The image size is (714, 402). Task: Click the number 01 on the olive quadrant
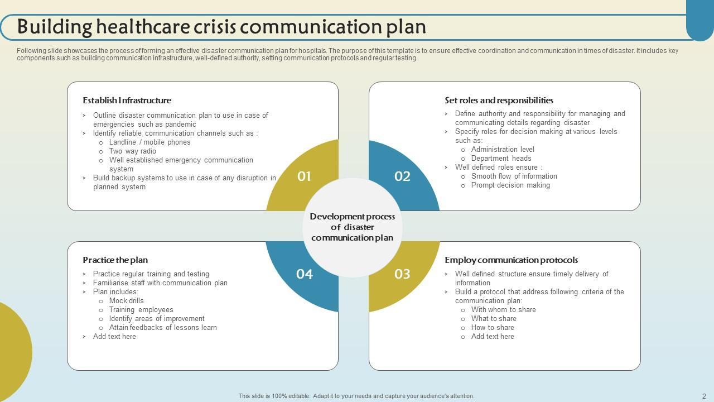pos(304,176)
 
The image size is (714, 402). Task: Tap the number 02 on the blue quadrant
pos(402,176)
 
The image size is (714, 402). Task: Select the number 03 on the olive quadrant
pos(402,274)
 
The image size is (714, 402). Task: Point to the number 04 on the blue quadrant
pos(305,274)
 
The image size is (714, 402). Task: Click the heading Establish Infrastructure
pos(127,100)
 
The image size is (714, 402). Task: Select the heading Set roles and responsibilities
pos(499,100)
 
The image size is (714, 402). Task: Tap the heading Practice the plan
pos(115,260)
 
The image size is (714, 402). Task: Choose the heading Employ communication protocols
pos(511,260)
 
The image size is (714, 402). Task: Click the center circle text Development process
pos(352,217)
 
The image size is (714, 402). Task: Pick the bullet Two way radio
pos(132,151)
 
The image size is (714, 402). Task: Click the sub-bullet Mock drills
pos(126,301)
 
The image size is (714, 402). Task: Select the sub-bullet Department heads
pos(501,159)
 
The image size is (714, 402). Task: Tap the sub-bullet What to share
pos(494,319)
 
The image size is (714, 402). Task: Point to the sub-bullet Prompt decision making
pos(510,185)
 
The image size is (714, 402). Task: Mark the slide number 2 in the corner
pos(704,396)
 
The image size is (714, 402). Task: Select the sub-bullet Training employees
pos(141,310)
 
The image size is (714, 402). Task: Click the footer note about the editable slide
pos(356,396)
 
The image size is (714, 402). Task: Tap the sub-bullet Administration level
pos(503,150)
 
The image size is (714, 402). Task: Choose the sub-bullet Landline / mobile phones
pos(149,142)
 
